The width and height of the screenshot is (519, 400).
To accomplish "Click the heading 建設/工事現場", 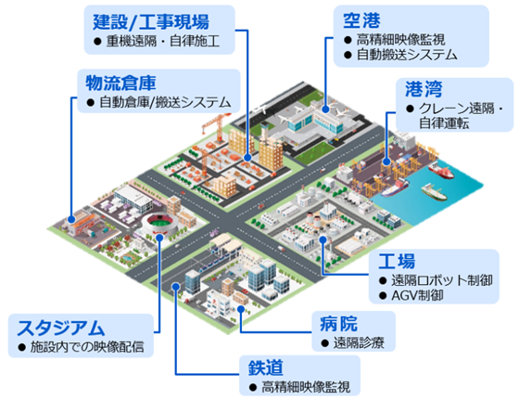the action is tap(151, 22).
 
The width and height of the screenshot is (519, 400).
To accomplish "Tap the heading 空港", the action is tap(361, 20).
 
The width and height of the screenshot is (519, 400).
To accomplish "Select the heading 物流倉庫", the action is tap(120, 84).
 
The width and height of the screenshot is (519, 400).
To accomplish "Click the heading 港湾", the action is tap(424, 89).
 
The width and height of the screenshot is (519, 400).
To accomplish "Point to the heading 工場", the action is tap(397, 261).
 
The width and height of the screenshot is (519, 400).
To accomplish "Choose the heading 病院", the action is tap(338, 324).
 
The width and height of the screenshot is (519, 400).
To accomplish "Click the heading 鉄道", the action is tap(266, 368).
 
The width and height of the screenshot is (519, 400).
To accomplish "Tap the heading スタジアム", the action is tap(61, 329).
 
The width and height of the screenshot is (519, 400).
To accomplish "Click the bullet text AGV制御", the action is tap(417, 295).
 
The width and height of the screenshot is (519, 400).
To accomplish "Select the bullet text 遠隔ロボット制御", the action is tap(442, 280).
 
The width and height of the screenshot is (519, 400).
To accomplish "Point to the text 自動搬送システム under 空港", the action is tap(407, 55).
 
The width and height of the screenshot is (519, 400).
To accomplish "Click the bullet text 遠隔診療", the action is tap(359, 343).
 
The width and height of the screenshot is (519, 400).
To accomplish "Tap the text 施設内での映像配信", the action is tap(87, 347).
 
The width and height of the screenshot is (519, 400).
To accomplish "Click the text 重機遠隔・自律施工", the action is tap(163, 42).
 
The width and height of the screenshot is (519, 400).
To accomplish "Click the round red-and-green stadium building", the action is tap(160, 223).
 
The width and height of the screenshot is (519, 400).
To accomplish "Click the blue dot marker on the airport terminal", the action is tap(325, 109).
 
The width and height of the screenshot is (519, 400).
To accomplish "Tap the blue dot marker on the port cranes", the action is tap(386, 161).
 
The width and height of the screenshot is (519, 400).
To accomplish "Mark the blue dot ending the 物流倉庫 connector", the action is tap(71, 219).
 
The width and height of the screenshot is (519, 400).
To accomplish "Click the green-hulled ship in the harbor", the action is tap(435, 192).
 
